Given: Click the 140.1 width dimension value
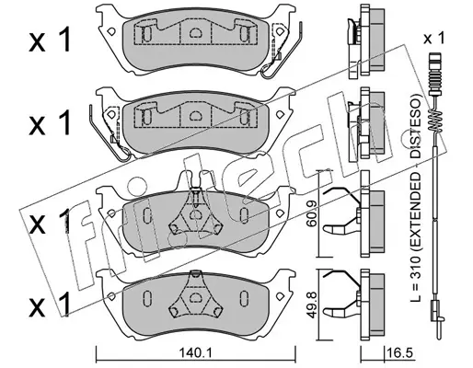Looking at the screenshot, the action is point(196,353).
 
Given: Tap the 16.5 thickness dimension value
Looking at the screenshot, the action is point(399,353).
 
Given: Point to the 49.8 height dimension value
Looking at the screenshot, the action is point(312,307).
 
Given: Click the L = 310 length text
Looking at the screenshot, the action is point(416,279).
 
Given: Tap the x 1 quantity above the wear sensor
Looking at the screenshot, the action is point(433,39).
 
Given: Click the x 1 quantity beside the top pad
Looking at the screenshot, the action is point(50,40).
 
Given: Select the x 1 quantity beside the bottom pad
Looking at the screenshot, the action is point(49,305).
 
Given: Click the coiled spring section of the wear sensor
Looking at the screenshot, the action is point(435,121).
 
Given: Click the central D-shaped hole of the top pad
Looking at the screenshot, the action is point(194,32).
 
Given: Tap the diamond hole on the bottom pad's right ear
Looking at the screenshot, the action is point(280,296).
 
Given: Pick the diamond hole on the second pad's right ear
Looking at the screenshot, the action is point(280,114).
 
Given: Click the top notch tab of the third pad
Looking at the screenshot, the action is point(194,178).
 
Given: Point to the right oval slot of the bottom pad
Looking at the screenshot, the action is point(244,296).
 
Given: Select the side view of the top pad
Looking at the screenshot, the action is point(365,41).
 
